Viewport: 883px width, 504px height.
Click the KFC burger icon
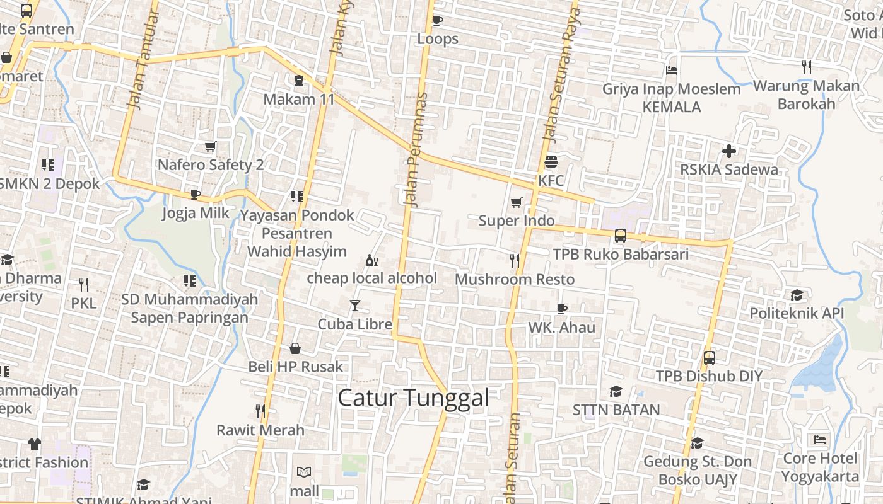click(x=551, y=162)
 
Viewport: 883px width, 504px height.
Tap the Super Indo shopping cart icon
click(x=517, y=202)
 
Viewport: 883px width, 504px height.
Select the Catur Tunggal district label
click(x=414, y=398)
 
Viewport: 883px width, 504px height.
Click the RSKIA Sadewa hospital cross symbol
click(x=729, y=151)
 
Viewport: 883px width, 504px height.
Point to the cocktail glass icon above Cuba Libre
click(x=355, y=306)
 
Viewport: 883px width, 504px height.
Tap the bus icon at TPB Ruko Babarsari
click(x=621, y=236)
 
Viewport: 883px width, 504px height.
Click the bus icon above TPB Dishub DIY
click(x=710, y=358)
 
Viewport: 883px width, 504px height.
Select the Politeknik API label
click(x=797, y=313)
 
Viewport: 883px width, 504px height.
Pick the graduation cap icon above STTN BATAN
click(x=616, y=391)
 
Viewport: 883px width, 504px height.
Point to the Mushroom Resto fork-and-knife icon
click(x=515, y=260)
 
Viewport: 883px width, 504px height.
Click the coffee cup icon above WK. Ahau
click(x=561, y=309)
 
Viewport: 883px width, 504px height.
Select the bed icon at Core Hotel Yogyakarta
click(x=820, y=439)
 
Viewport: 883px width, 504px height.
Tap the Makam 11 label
click(x=299, y=99)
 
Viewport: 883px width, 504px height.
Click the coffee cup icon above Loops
click(x=437, y=20)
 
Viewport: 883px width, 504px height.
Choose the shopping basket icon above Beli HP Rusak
click(x=295, y=348)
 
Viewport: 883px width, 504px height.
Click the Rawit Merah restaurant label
click(x=260, y=430)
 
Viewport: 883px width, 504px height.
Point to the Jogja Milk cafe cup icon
click(x=195, y=194)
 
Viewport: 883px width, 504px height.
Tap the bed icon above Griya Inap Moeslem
click(x=672, y=70)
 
